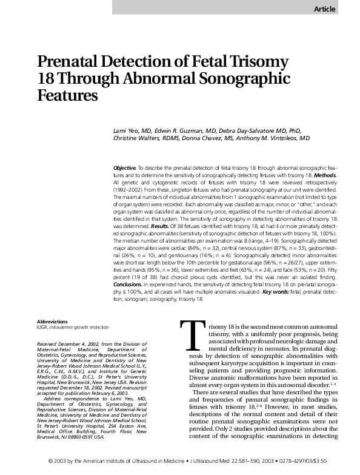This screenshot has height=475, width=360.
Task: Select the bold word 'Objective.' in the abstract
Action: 124,167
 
